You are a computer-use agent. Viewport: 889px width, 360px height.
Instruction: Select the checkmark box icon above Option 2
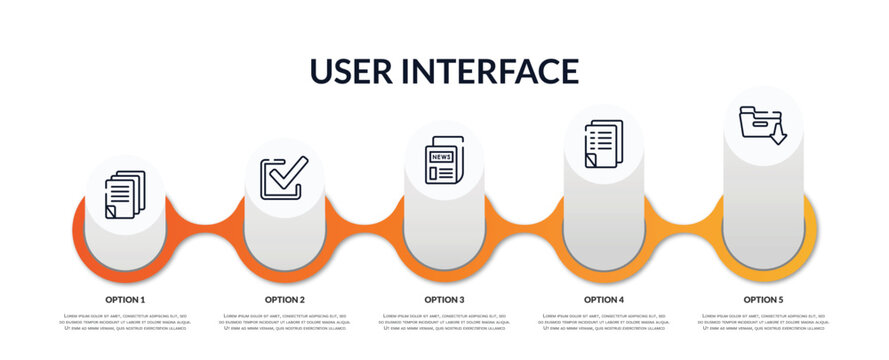[284, 178]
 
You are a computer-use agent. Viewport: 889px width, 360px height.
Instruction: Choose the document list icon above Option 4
[603, 144]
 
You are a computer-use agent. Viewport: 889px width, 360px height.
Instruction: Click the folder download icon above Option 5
[762, 124]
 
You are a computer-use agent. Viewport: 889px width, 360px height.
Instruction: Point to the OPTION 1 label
[125, 299]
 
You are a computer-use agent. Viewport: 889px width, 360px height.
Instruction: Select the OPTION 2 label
[285, 299]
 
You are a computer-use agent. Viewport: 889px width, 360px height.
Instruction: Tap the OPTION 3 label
[444, 299]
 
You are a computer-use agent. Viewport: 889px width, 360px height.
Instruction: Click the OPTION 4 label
[604, 299]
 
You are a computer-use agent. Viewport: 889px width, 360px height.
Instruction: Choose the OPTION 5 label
[763, 299]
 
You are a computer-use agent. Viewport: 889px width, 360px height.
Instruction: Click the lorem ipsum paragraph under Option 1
[125, 323]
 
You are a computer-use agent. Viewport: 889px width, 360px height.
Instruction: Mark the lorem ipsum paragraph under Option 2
[285, 323]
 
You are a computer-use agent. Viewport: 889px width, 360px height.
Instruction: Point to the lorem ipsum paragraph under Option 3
[444, 323]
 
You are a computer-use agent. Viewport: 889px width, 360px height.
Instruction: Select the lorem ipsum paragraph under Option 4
[604, 323]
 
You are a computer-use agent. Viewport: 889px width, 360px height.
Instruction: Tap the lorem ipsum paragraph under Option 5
[763, 323]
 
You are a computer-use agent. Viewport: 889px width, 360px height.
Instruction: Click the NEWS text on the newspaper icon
[440, 156]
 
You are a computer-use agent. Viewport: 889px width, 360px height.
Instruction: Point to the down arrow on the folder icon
[778, 134]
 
